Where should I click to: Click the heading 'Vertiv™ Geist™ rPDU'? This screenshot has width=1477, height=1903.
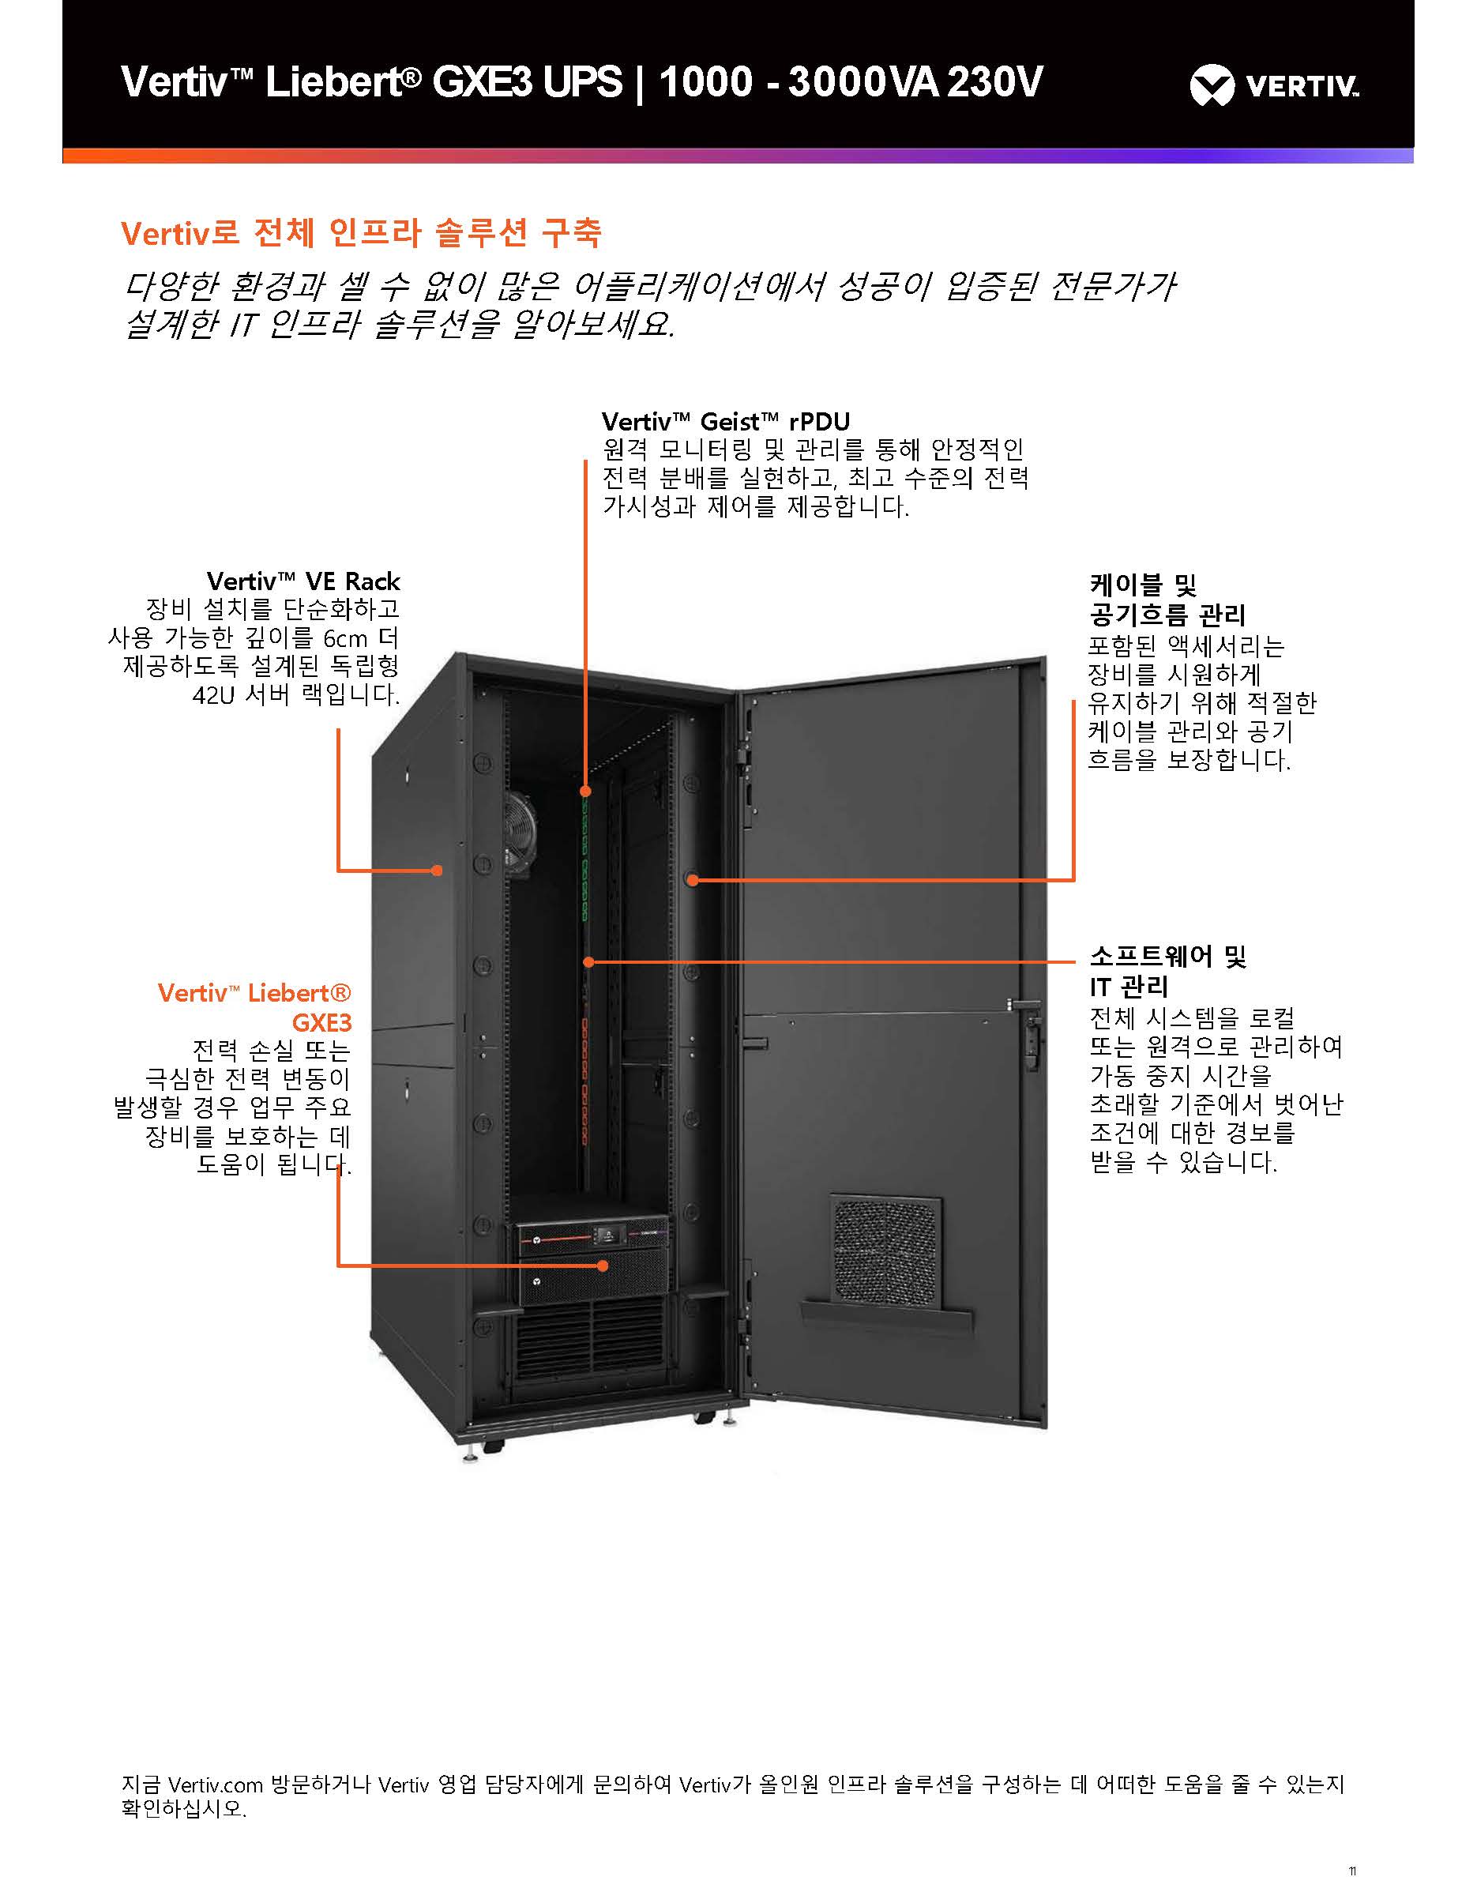pos(725,423)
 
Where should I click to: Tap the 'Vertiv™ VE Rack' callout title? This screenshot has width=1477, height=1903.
pos(303,581)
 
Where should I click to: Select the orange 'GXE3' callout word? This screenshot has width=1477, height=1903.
pos(321,1022)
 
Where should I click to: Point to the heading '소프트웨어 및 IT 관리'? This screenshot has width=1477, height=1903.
pos(1167,972)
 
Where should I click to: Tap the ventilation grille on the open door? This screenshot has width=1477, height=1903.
pos(886,1250)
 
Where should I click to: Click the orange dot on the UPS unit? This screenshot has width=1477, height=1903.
pos(602,1266)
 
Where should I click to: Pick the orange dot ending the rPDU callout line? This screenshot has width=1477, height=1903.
pos(585,792)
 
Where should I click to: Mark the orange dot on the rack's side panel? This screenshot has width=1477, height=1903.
pos(438,870)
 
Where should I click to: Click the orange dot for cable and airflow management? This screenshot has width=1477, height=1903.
pos(692,880)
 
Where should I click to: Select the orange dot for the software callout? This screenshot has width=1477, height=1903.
pos(589,962)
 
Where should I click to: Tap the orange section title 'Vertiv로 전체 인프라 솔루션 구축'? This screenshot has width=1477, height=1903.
pos(361,233)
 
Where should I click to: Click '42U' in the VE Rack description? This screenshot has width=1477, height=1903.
pos(213,695)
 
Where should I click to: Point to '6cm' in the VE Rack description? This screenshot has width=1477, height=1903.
pos(345,637)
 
